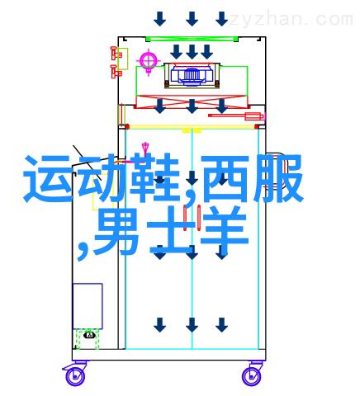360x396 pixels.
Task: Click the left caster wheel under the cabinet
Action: click(74, 375)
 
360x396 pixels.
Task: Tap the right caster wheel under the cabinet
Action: click(251, 375)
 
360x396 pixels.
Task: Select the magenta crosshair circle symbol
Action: click(149, 60)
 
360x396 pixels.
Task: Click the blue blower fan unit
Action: click(192, 74)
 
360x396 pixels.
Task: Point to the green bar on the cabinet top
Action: click(192, 39)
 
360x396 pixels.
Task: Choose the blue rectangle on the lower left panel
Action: click(88, 306)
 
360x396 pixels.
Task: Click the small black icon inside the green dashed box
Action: click(90, 335)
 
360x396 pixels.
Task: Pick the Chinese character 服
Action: click(278, 178)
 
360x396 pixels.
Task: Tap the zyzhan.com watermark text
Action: click(291, 20)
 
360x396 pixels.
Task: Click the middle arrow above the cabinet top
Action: click(192, 19)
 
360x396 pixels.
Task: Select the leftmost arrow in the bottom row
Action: click(159, 325)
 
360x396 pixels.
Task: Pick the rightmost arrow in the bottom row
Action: click(221, 325)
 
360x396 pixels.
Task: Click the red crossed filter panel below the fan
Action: click(192, 101)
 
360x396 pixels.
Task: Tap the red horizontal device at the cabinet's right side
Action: click(236, 116)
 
